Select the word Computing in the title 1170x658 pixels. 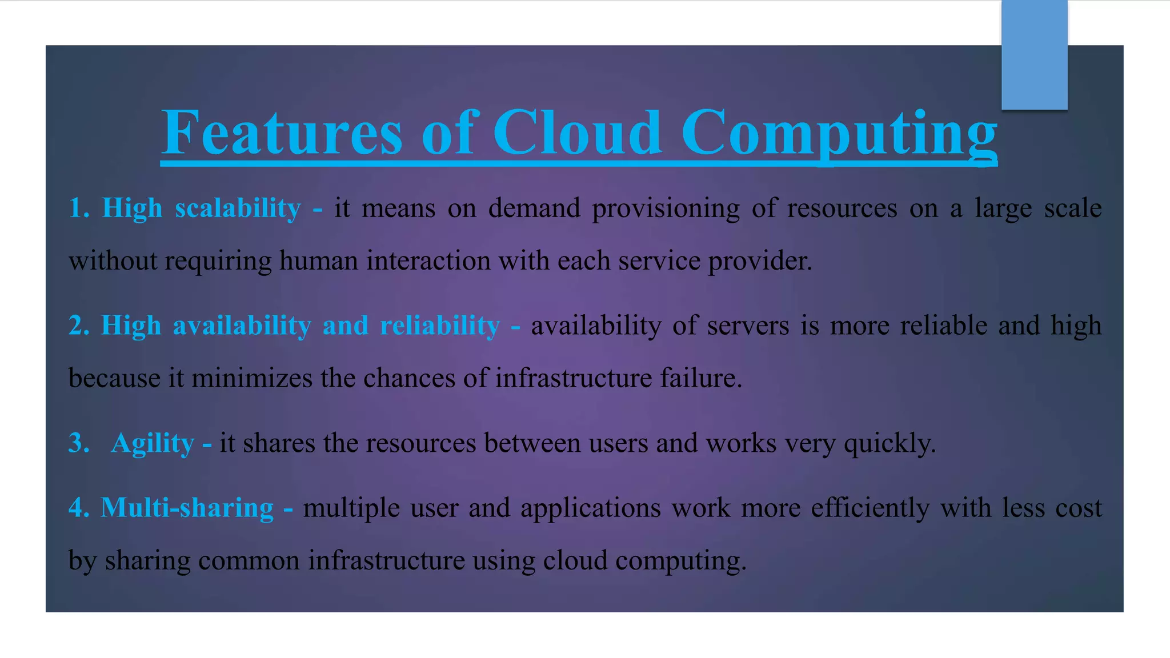coord(839,135)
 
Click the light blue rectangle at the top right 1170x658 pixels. coord(1034,55)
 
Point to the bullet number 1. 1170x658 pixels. coord(78,208)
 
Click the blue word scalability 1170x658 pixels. coord(238,208)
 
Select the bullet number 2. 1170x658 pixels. coord(78,326)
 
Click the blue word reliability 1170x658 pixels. coord(440,326)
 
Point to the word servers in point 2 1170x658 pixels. coord(748,326)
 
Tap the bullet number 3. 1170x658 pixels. coord(78,443)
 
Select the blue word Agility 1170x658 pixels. coord(153,444)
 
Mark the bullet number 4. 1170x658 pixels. coord(78,508)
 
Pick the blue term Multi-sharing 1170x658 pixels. coord(187,508)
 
